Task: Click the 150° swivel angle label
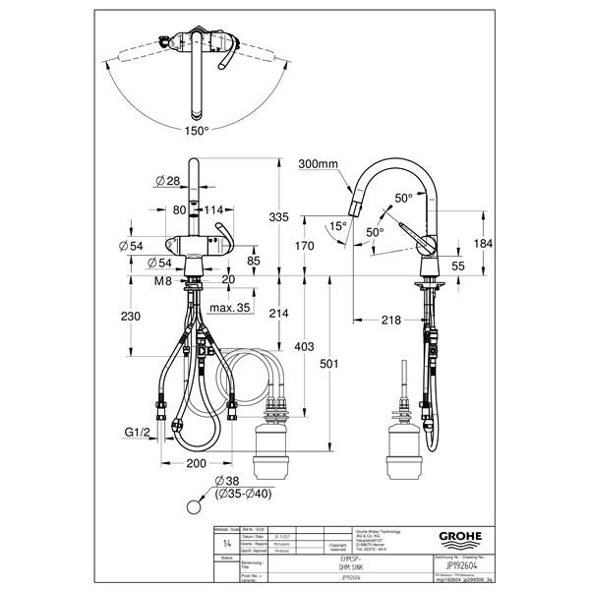coord(197,130)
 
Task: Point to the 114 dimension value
coord(213,208)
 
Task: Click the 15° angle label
coord(337,225)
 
